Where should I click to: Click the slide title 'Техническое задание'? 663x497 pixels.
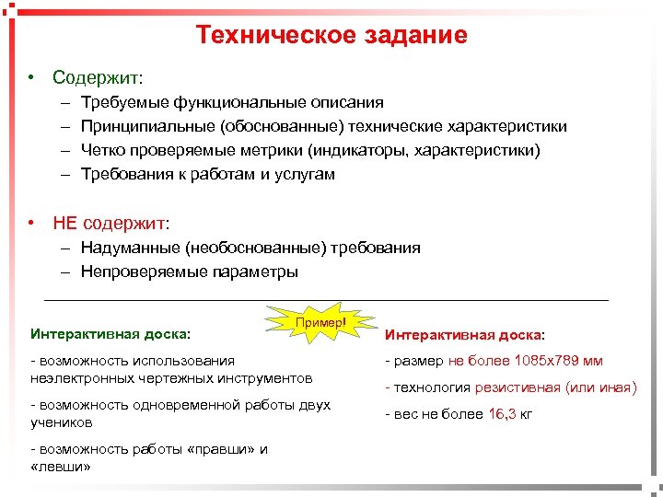(331, 35)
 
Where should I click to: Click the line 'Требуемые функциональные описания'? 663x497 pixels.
(232, 102)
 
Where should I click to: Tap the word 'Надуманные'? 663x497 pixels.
(130, 248)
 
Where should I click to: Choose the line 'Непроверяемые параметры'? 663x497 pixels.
(189, 272)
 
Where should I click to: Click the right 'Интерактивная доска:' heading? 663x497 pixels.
(464, 335)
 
